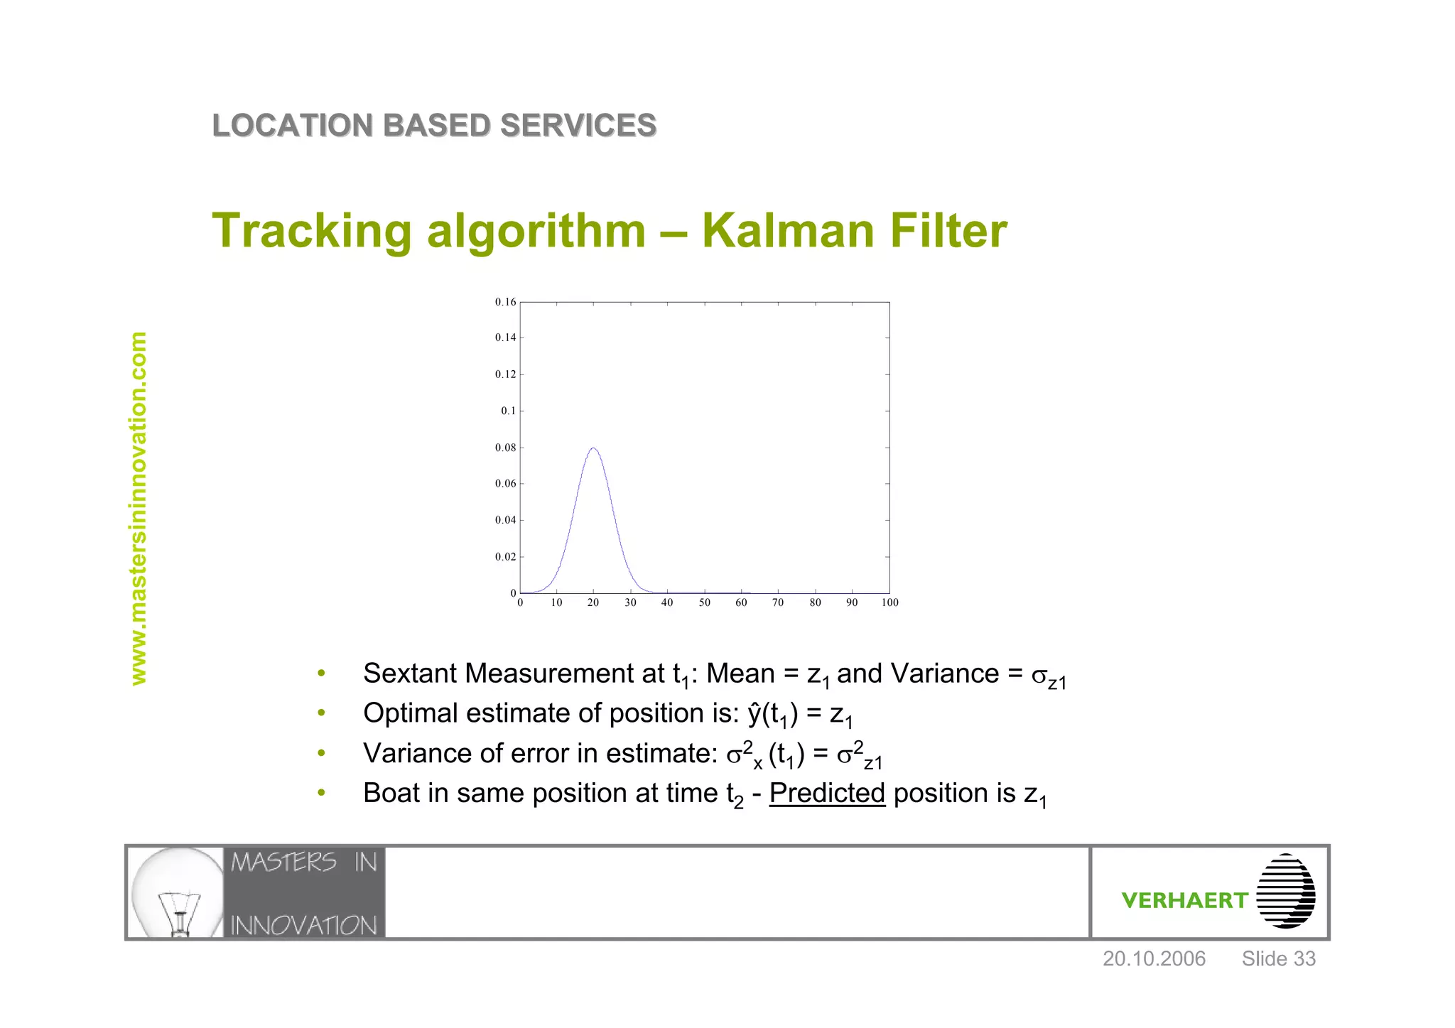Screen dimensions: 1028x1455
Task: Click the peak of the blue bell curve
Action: tap(593, 448)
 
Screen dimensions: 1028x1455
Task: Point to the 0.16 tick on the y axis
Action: tap(506, 302)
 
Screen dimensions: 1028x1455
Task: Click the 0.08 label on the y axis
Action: tap(506, 448)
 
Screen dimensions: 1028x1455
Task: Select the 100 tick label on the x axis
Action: tap(889, 602)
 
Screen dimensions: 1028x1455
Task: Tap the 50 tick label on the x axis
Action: tap(704, 602)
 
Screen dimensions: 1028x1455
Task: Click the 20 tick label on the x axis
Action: tap(593, 602)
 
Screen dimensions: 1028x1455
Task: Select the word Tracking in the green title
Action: tap(312, 232)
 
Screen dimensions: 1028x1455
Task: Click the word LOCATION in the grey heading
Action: tap(292, 126)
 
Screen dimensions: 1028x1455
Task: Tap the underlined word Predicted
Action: tap(827, 793)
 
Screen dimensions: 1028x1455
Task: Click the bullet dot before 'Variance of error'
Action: tap(321, 753)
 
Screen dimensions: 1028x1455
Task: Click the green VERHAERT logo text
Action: tap(1184, 901)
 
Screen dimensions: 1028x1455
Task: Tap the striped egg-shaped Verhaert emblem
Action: tap(1285, 892)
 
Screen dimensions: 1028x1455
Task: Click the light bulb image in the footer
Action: tap(178, 892)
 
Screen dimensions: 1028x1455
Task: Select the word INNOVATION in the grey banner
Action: tap(303, 925)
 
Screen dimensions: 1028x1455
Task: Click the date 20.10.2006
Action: tap(1154, 959)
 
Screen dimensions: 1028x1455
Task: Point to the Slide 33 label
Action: tap(1278, 959)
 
